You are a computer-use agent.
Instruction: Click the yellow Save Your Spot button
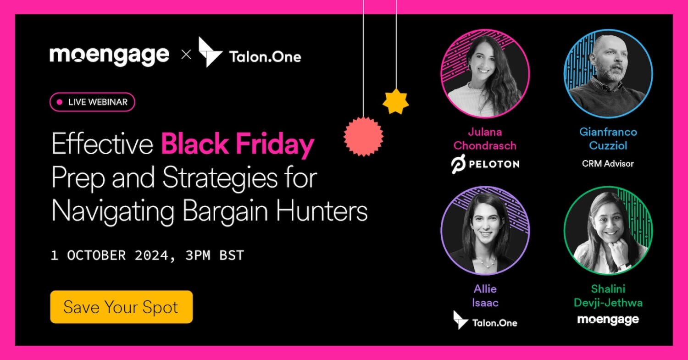121,307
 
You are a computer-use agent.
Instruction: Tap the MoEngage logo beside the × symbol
109,55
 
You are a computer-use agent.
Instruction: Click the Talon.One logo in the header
250,54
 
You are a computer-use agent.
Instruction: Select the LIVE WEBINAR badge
92,102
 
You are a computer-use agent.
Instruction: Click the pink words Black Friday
237,144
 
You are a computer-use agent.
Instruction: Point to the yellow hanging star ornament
395,101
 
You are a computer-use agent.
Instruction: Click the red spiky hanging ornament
363,136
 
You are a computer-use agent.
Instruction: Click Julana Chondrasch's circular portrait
485,73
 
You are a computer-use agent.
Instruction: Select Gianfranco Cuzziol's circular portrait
608,73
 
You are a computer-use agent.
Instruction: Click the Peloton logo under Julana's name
485,164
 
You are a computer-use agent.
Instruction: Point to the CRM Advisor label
608,163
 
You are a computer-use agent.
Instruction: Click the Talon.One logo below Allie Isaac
485,321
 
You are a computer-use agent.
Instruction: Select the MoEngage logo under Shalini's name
608,320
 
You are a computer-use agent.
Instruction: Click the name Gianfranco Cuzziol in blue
608,139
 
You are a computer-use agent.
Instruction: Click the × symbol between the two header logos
186,55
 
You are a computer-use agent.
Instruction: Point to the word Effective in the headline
102,144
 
